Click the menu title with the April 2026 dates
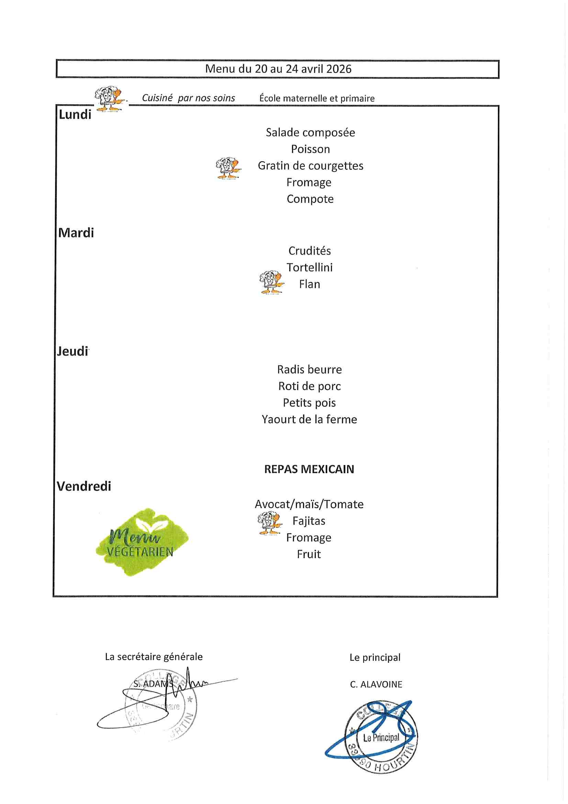(x=278, y=69)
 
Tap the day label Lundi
(x=75, y=115)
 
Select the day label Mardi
(x=76, y=233)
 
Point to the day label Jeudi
(x=73, y=351)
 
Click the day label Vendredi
(x=84, y=486)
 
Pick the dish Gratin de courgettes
(x=310, y=166)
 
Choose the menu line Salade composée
(x=310, y=132)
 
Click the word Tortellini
(x=309, y=268)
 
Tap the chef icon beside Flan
(x=271, y=282)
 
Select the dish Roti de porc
(x=309, y=386)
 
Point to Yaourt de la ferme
(x=309, y=419)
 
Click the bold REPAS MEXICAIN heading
(x=309, y=469)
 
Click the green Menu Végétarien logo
(x=141, y=542)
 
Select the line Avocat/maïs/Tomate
(x=309, y=504)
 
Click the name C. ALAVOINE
(x=376, y=684)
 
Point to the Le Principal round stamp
(x=381, y=738)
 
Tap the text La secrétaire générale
(x=154, y=656)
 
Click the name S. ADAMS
(x=152, y=684)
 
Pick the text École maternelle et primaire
(x=317, y=98)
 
